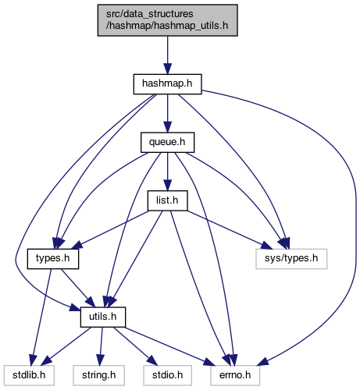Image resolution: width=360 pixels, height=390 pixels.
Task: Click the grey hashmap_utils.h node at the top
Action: coord(167,20)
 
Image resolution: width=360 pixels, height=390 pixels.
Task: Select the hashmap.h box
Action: coord(167,84)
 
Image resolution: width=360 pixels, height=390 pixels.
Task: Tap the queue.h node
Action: coord(167,143)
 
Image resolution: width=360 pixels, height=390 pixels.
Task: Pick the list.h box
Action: coord(167,200)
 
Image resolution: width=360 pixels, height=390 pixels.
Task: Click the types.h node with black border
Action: coord(53,259)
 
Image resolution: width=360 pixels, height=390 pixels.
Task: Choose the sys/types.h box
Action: coord(291,259)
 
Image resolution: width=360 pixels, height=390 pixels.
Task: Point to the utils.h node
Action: coord(103,317)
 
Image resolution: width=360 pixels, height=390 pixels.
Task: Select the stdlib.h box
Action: coord(29,375)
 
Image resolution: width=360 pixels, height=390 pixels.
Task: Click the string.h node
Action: coord(99,375)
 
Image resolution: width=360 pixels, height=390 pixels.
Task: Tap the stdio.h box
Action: coord(167,375)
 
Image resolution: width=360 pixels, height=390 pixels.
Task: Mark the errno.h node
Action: coord(235,375)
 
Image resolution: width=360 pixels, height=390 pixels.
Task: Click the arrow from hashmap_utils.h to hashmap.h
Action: coord(167,55)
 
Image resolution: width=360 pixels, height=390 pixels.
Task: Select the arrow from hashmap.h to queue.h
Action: coord(167,114)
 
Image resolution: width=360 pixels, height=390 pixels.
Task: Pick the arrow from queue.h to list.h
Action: coord(167,172)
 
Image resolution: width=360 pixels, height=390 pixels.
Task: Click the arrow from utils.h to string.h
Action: coord(101,346)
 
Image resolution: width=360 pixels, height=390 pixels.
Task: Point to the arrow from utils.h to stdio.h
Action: coord(135,346)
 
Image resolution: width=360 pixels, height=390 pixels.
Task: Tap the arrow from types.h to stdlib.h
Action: coord(41,317)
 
